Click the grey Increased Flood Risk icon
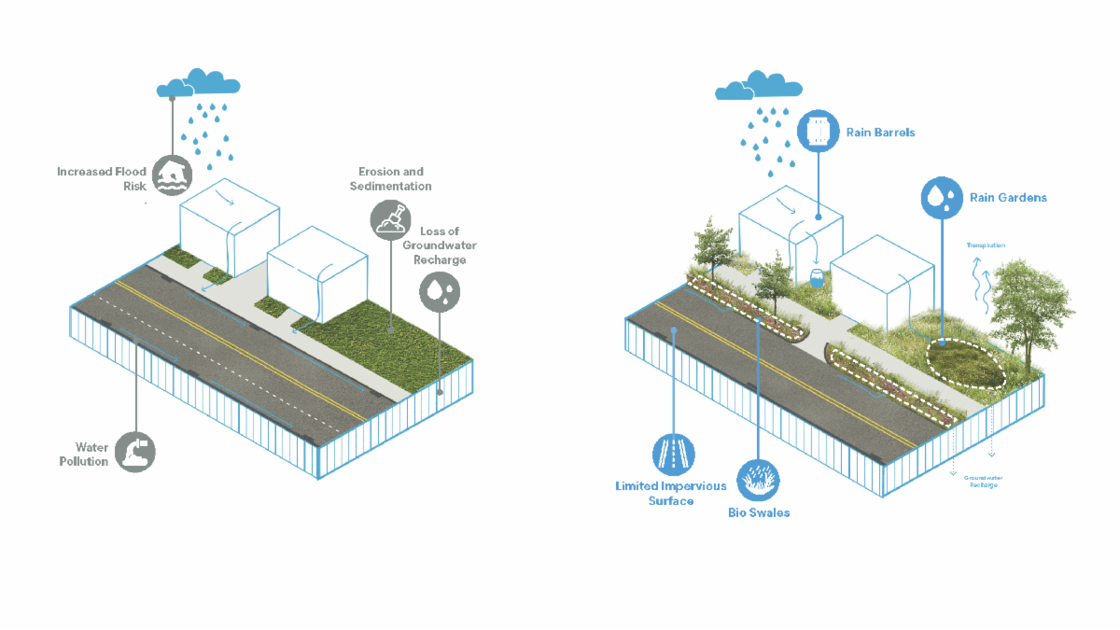point(173,175)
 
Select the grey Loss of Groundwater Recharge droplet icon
point(439,291)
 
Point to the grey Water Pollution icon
point(136,453)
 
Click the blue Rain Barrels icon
point(819,132)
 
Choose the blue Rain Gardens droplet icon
point(941,197)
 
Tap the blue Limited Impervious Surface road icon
point(672,455)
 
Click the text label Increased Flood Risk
point(102,178)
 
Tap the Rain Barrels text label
point(880,133)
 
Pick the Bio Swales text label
point(759,512)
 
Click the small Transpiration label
point(986,246)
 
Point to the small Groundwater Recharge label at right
point(981,482)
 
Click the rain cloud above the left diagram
point(197,83)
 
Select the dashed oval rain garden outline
point(966,363)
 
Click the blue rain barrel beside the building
point(817,277)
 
